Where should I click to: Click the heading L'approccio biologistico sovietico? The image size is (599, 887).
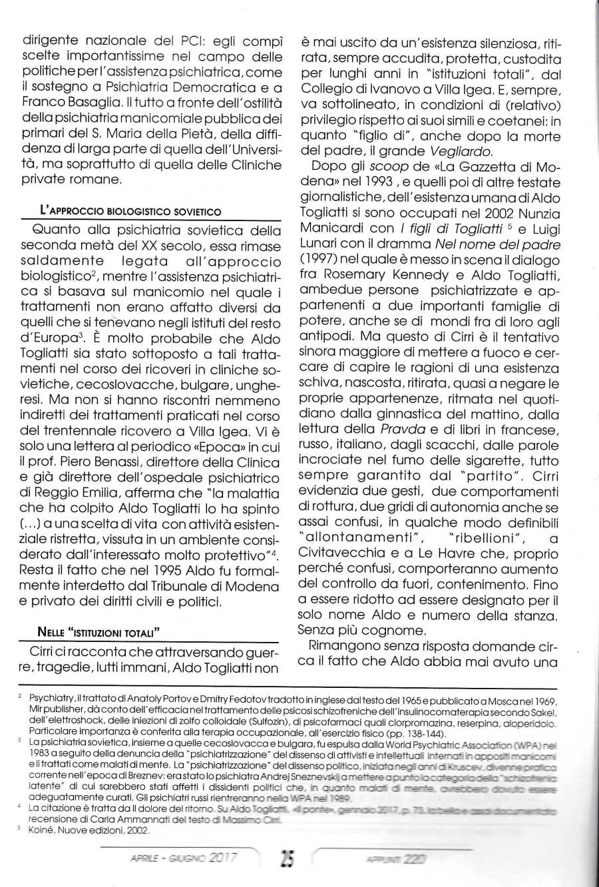pyautogui.click(x=130, y=211)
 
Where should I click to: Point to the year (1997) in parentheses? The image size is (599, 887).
pyautogui.click(x=322, y=259)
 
